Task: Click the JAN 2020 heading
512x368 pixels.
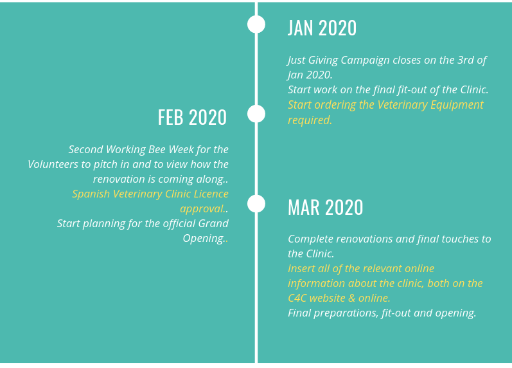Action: coord(322,28)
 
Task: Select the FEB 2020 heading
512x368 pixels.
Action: coord(192,117)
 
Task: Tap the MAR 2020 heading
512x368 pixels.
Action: coord(325,207)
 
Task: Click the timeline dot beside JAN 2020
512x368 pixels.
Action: coord(256,24)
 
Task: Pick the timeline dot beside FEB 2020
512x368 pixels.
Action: coord(256,114)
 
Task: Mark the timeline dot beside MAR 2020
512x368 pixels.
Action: coord(256,203)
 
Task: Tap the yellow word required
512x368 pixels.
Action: coord(310,120)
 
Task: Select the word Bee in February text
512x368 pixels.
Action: coord(157,149)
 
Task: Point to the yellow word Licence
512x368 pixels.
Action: coord(211,194)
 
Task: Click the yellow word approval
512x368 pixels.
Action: coord(202,209)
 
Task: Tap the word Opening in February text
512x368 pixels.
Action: coord(204,239)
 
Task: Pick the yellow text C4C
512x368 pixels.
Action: coord(297,298)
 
